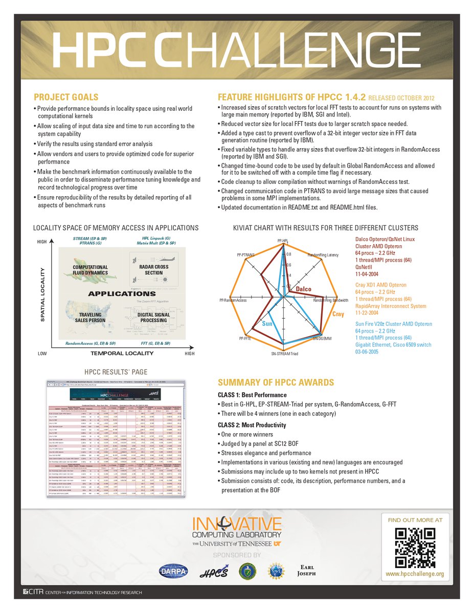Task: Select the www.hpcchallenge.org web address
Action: pos(415,574)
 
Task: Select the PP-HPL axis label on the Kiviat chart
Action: pos(282,240)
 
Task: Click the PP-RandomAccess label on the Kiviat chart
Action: pos(233,300)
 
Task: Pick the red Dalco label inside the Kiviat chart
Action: pos(303,290)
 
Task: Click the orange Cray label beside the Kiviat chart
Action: pos(338,314)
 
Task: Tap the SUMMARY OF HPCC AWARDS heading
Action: pos(276,383)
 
